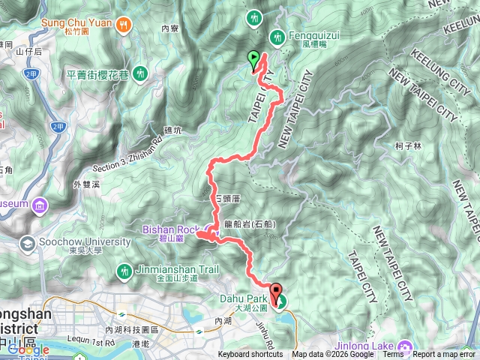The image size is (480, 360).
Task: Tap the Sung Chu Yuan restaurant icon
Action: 124,23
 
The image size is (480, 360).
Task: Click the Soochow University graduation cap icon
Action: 28,243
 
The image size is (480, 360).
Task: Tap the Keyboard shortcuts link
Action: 250,355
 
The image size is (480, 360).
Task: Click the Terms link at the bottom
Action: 393,355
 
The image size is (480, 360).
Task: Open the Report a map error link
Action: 445,355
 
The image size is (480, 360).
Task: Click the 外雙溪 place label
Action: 86,184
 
